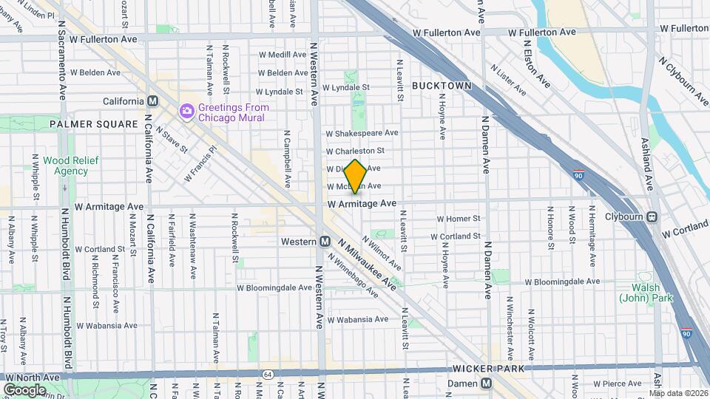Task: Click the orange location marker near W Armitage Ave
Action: coord(355,177)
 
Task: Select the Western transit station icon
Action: coord(325,242)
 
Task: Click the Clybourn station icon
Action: coord(652,217)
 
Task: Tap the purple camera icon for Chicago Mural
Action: coord(186,112)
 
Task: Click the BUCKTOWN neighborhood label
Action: coord(442,86)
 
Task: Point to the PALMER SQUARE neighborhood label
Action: coord(94,124)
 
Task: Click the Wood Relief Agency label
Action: coord(65,166)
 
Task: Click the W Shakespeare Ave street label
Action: coord(362,134)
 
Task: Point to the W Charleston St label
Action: coord(361,151)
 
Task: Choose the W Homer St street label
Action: coord(459,219)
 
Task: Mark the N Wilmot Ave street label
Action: coord(382,253)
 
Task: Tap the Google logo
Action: coord(24,389)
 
